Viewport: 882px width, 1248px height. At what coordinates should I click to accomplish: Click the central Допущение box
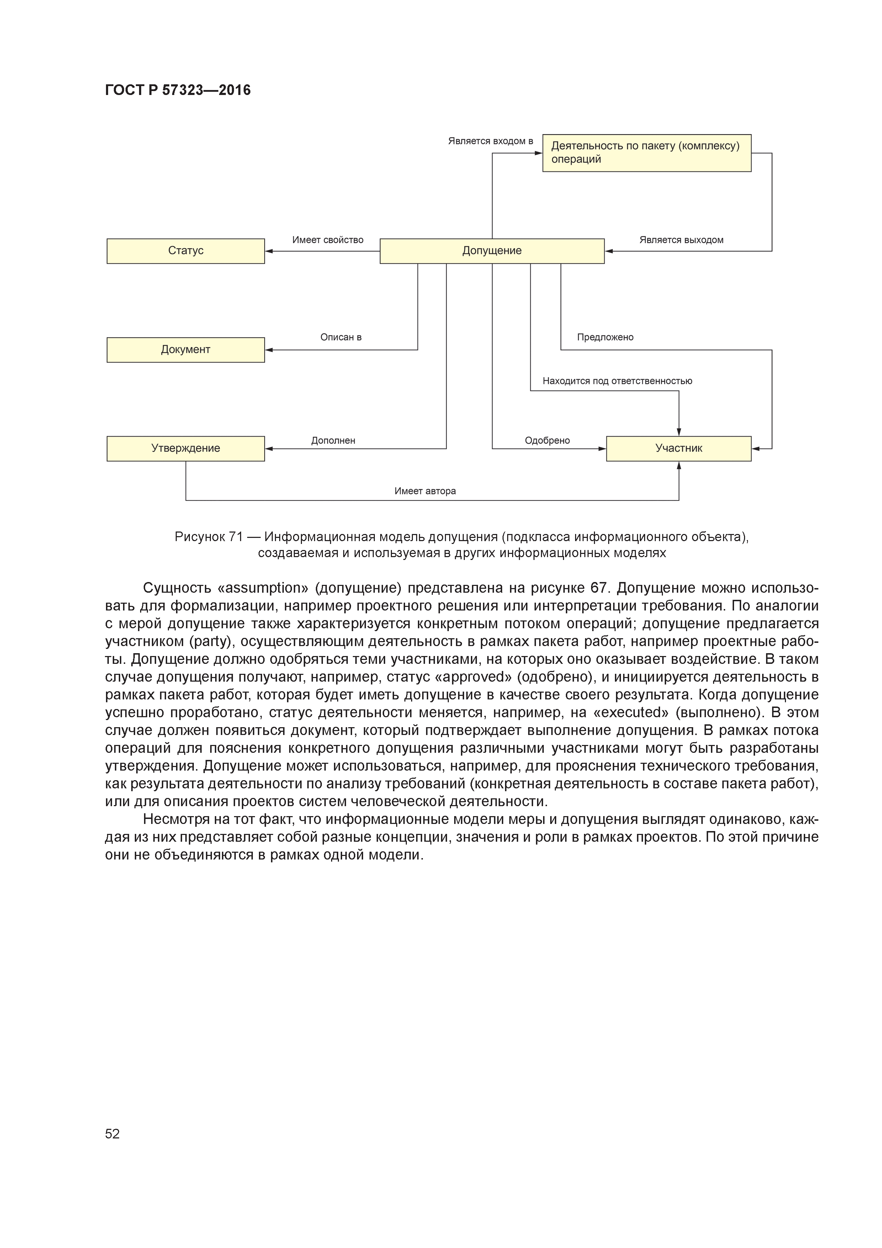coord(492,251)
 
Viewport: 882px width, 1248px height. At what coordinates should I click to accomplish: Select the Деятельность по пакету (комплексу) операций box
coord(646,153)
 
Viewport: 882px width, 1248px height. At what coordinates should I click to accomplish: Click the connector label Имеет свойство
coord(328,240)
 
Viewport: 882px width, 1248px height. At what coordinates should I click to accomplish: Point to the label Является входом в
coord(490,141)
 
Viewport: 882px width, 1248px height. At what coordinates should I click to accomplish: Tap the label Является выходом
coord(681,240)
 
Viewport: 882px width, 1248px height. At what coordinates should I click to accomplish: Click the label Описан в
coord(341,337)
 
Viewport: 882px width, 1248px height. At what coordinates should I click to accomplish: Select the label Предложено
coord(605,337)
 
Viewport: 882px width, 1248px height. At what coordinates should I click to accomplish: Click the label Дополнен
coord(333,440)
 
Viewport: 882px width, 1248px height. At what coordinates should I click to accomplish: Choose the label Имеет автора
coord(425,491)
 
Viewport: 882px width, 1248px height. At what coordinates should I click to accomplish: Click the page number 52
coord(112,1133)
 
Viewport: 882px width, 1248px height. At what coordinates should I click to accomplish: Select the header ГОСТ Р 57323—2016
coord(178,90)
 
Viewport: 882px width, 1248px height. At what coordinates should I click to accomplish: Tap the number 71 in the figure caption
coord(235,537)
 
